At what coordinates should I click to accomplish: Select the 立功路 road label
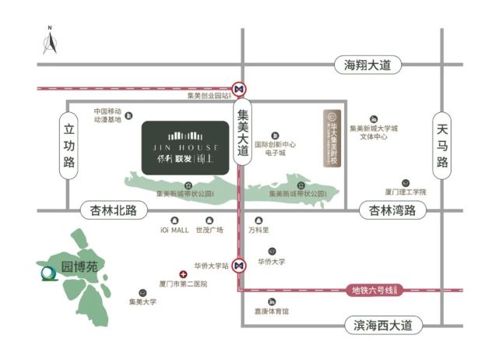[x=69, y=145]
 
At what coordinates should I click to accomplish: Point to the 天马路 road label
[x=443, y=145]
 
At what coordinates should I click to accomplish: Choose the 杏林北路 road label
[x=114, y=210]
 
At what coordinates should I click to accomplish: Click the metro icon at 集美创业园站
[x=241, y=88]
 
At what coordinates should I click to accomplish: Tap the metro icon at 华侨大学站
[x=241, y=265]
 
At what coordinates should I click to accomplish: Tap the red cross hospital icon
[x=183, y=274]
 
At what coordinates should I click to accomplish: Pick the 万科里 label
[x=258, y=230]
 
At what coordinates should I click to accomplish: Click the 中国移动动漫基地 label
[x=108, y=115]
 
